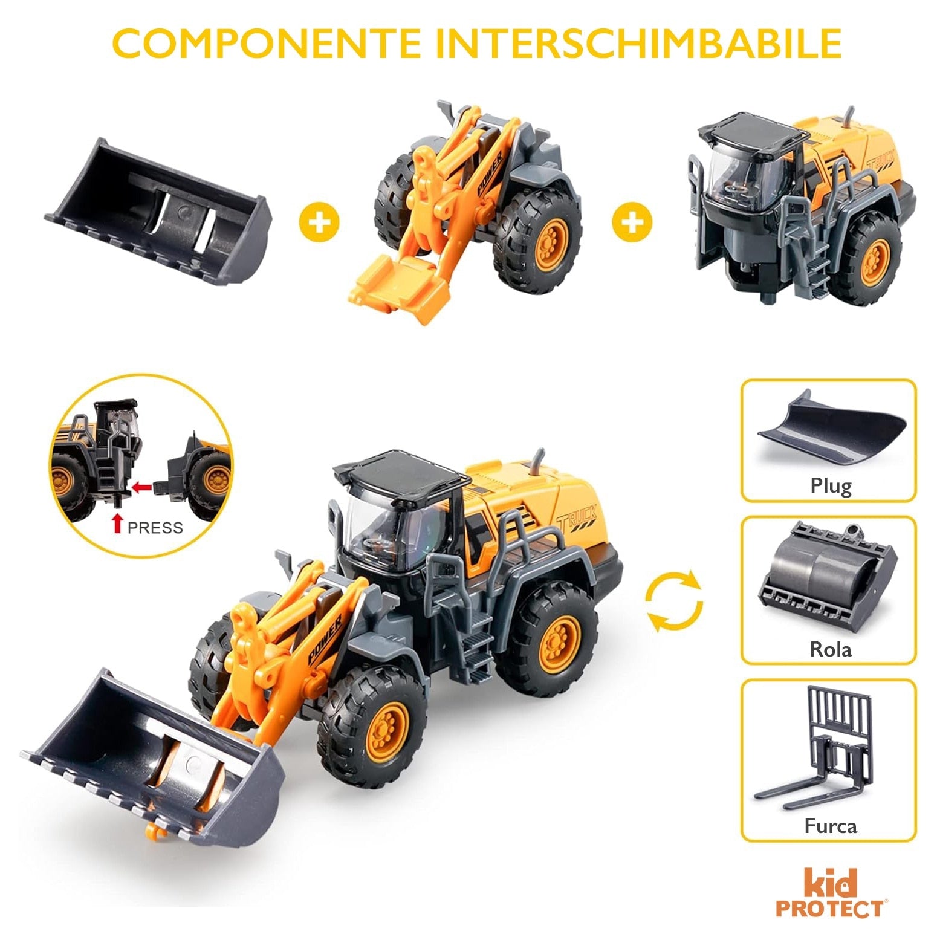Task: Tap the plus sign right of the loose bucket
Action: (x=319, y=222)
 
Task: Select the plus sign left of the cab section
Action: (x=632, y=222)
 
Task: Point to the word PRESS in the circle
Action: (x=155, y=528)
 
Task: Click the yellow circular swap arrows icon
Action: (x=674, y=602)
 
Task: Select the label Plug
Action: (x=831, y=486)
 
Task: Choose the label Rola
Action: (x=830, y=649)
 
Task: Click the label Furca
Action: (x=830, y=826)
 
